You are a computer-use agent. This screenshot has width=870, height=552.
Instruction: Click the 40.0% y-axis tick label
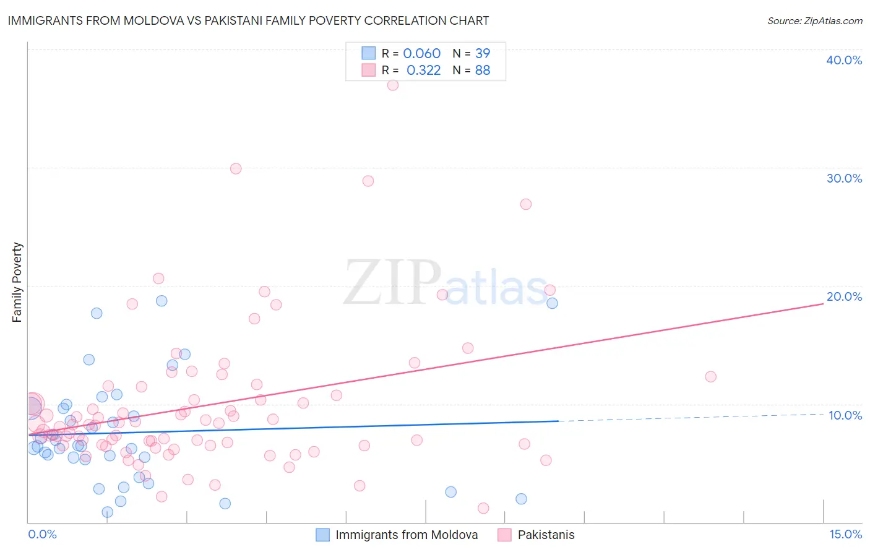(844, 60)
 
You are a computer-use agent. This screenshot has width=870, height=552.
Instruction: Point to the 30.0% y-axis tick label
(844, 178)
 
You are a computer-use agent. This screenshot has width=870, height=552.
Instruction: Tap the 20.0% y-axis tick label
(844, 296)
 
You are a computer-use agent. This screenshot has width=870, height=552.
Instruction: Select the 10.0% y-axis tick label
(845, 415)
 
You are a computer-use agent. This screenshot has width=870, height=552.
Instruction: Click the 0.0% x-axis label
(42, 534)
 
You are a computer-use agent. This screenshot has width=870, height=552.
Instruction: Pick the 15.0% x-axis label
(845, 534)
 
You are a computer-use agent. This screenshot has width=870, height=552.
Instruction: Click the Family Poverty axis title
(17, 282)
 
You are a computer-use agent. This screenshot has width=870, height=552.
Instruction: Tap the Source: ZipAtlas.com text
(814, 20)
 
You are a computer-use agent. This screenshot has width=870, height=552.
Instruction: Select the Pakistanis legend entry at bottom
(546, 535)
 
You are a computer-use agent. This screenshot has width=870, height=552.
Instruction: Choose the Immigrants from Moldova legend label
(407, 535)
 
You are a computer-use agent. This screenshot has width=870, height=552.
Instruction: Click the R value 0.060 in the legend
(421, 53)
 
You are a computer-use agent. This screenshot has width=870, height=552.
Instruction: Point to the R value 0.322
(423, 70)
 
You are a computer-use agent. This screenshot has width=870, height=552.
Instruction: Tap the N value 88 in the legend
(483, 70)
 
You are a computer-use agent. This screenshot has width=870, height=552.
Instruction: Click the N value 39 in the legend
(483, 53)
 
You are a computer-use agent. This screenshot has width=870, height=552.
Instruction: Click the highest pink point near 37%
(392, 85)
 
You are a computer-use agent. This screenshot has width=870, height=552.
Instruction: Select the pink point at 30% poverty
(235, 168)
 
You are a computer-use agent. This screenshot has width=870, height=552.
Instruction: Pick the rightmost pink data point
(710, 377)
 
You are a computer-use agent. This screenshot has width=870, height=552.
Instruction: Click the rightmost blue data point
(552, 303)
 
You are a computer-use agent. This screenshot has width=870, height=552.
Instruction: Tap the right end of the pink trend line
(823, 304)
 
